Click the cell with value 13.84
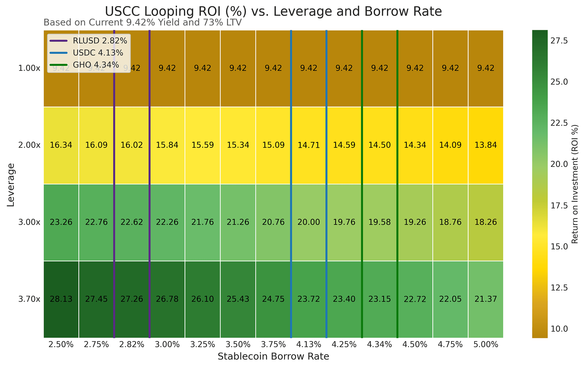486,145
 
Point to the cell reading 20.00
309,222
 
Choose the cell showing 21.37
486,299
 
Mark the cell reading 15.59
202,145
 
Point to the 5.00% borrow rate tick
486,345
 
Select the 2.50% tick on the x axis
61,345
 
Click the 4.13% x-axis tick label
309,345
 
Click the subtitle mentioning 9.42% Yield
142,23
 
